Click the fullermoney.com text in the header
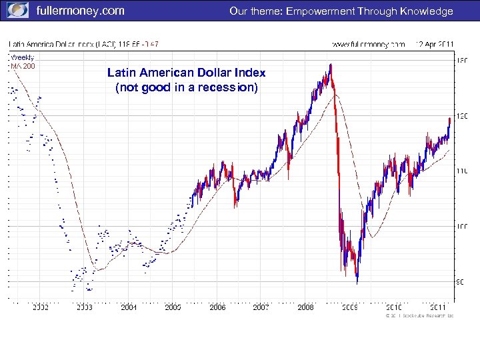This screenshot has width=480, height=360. (x=80, y=11)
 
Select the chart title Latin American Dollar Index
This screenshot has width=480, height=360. (x=186, y=73)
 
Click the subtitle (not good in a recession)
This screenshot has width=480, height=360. (x=186, y=87)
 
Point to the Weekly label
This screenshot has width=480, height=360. (x=22, y=57)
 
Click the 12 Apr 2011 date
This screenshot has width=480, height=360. (x=434, y=44)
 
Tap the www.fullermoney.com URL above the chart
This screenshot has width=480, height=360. (x=368, y=44)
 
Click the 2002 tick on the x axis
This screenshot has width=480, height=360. (x=41, y=307)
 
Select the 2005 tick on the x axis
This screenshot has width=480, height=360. (x=173, y=307)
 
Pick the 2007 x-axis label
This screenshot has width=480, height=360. (x=261, y=307)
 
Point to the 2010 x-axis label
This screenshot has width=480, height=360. (x=393, y=307)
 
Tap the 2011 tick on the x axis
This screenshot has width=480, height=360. (x=437, y=307)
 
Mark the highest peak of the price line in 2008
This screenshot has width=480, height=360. (x=330, y=64)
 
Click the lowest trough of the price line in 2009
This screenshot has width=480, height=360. (x=357, y=283)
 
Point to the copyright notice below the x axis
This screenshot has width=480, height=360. (x=419, y=315)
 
